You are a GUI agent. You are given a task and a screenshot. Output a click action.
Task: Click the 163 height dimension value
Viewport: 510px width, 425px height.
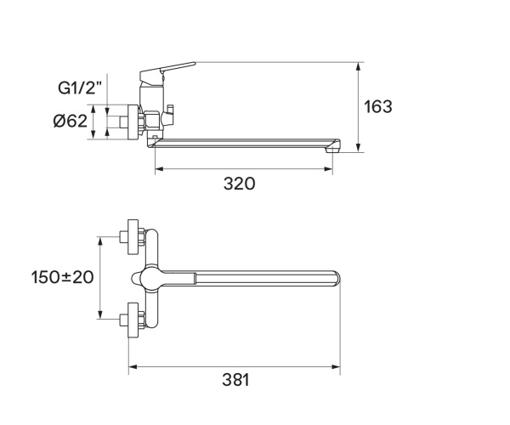click(x=378, y=107)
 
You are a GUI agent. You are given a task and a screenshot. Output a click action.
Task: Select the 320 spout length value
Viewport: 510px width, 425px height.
click(x=239, y=184)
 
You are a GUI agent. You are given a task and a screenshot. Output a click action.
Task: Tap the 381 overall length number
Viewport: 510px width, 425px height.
click(x=234, y=381)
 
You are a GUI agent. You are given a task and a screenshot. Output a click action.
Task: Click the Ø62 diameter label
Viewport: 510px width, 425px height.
click(x=70, y=121)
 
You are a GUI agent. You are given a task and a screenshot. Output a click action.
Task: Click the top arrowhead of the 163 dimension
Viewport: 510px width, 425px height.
click(x=360, y=65)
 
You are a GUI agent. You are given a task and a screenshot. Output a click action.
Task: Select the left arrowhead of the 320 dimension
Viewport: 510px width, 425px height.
click(x=157, y=169)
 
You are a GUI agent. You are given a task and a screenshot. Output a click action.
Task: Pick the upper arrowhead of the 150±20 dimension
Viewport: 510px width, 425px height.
click(x=101, y=241)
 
